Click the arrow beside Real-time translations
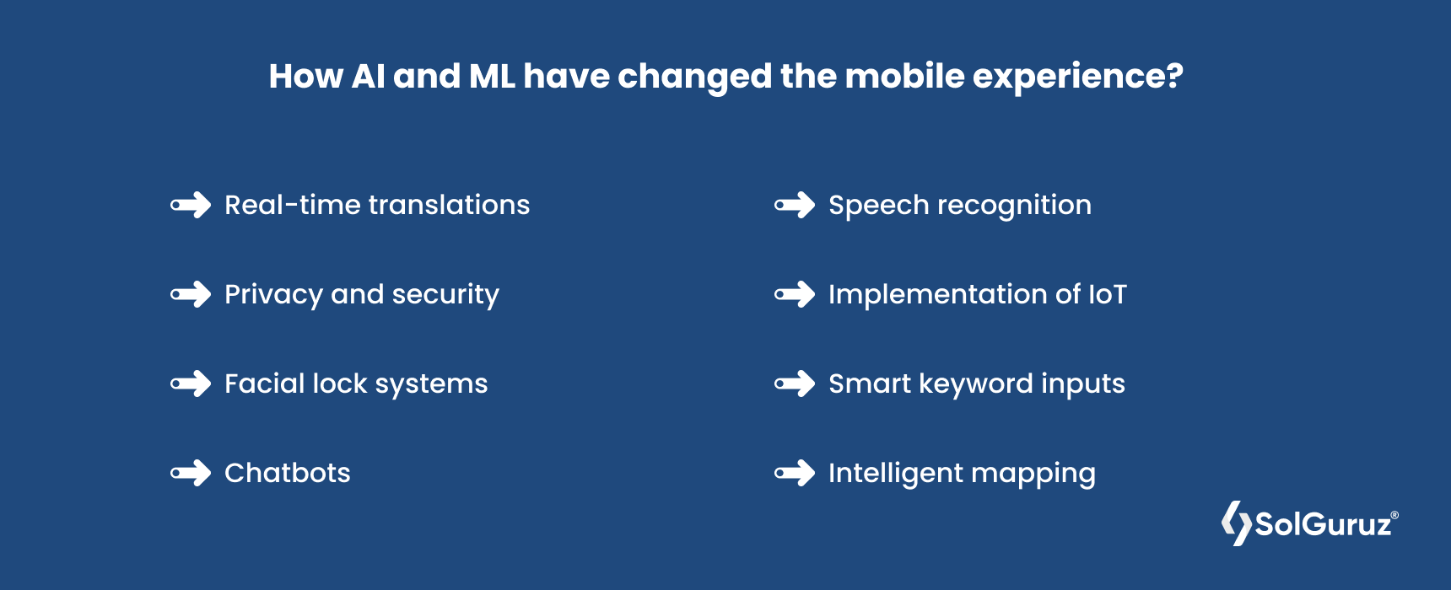191,205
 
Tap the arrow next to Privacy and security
191,294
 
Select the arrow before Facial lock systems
191,383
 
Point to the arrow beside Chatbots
191,473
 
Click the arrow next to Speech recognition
796,205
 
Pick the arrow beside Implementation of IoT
796,294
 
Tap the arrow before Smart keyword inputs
796,383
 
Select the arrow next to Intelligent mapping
796,473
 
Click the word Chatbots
288,473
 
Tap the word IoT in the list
1108,294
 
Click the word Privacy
274,295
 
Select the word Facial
264,383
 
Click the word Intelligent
895,474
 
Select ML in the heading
492,76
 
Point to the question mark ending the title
1173,76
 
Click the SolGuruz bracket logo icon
1237,523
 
